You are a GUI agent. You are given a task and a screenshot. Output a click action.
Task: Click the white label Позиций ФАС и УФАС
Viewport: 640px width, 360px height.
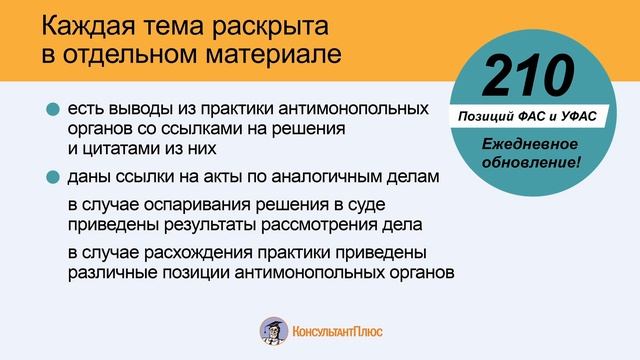[528, 117]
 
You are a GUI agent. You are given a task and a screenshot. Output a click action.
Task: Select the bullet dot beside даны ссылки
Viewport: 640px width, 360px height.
[52, 178]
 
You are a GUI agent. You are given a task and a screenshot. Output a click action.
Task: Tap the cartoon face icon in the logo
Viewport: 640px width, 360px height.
[272, 331]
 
